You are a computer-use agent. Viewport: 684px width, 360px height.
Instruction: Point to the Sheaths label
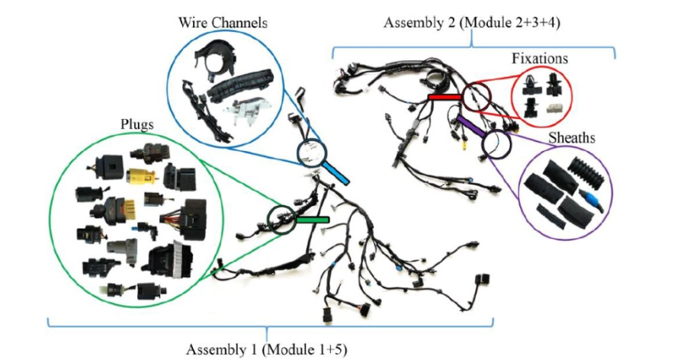point(571,138)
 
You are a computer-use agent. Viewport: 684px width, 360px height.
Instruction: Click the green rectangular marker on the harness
point(313,220)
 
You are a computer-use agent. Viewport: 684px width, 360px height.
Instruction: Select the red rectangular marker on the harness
point(444,98)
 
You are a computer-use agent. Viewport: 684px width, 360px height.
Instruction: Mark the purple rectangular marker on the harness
point(470,125)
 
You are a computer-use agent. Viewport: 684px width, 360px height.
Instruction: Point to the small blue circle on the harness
point(313,150)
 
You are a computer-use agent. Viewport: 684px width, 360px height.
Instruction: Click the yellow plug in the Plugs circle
point(140,178)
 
